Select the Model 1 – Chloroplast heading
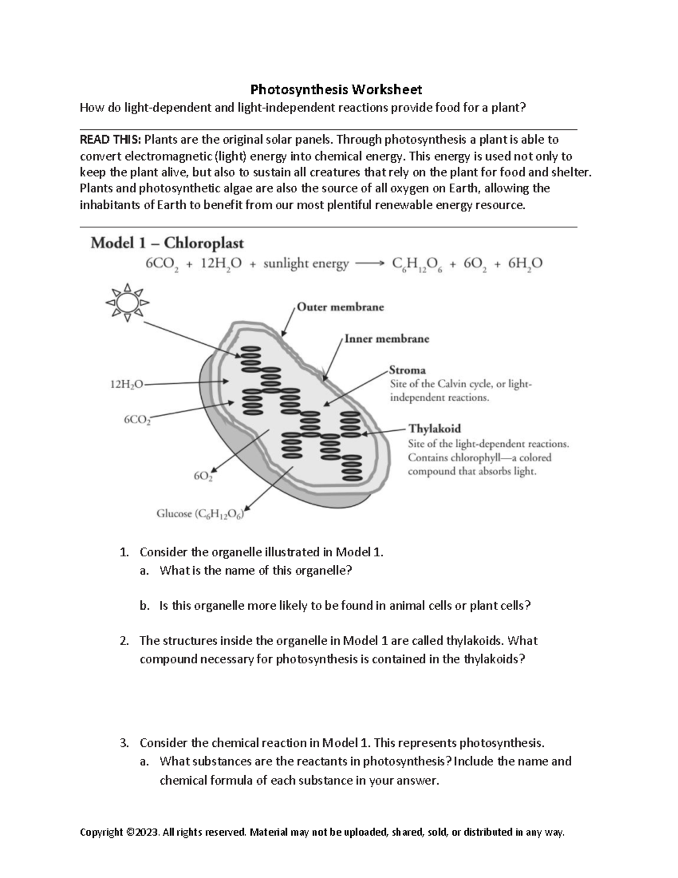click(x=167, y=243)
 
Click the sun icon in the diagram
click(x=127, y=302)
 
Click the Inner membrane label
click(x=386, y=339)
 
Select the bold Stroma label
click(x=407, y=370)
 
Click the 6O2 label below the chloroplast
click(x=203, y=476)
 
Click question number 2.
click(x=124, y=641)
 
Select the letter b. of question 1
click(x=145, y=606)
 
